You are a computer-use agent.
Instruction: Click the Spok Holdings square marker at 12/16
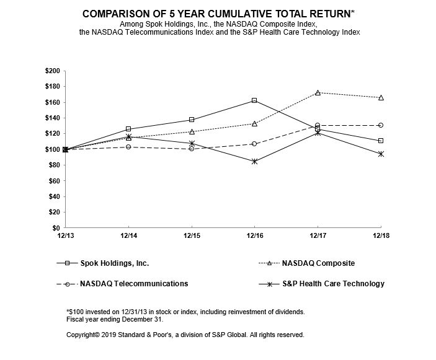tap(254, 100)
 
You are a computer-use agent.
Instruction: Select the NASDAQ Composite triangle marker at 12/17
tap(318, 93)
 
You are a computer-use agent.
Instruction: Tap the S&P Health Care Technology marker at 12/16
tap(254, 161)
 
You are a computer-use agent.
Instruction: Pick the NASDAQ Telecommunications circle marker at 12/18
tap(380, 125)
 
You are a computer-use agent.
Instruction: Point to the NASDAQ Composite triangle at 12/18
tap(380, 98)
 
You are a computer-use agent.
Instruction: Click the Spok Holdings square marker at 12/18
tap(380, 141)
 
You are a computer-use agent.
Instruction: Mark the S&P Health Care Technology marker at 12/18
tap(380, 154)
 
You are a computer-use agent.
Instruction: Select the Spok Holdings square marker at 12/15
tap(192, 120)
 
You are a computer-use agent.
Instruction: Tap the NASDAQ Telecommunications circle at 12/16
tap(254, 144)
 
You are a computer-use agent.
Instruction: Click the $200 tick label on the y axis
tap(52, 71)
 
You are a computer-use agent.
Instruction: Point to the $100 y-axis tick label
tap(52, 150)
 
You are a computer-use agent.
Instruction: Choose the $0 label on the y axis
tap(55, 229)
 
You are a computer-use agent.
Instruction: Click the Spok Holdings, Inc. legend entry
tap(117, 263)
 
